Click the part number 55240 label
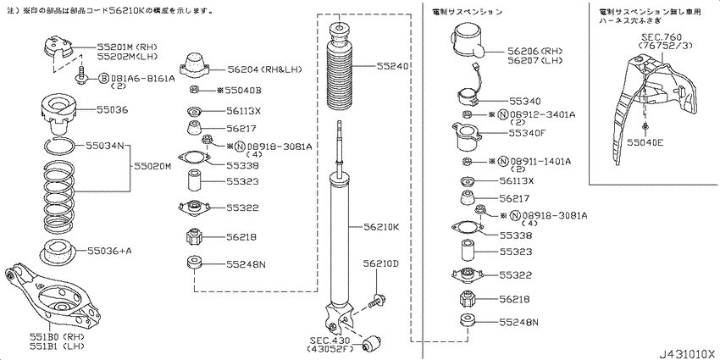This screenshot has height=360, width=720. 393,66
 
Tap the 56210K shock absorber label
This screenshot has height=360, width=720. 381,226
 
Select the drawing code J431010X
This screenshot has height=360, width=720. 688,355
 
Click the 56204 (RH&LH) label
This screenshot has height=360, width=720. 264,69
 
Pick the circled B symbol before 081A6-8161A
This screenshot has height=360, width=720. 104,79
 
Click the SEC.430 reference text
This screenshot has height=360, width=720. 331,341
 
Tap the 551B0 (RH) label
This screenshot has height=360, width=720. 47,336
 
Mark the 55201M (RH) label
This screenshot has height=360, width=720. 127,47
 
